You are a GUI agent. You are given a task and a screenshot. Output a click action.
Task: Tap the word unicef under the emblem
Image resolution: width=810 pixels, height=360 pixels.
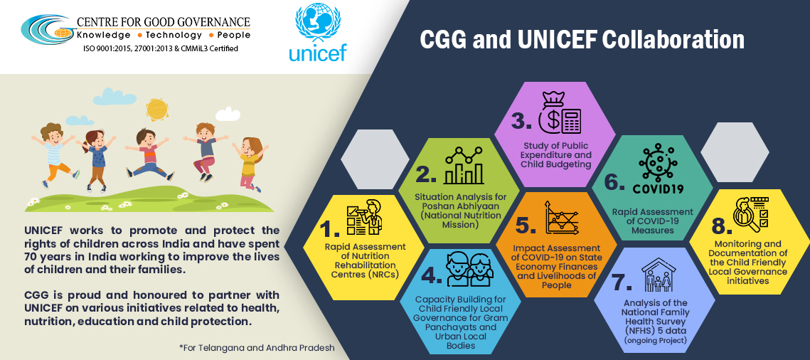click(x=318, y=53)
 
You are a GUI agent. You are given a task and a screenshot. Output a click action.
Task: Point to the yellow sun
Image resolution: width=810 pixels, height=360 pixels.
click(x=157, y=109)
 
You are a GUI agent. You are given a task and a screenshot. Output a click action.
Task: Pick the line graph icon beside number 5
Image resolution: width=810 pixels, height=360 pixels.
click(x=564, y=218)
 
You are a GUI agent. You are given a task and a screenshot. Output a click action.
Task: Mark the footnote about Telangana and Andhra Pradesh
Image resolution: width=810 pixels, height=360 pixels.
click(x=257, y=348)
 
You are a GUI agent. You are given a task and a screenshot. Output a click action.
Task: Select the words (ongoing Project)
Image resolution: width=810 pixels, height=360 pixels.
click(x=656, y=340)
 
